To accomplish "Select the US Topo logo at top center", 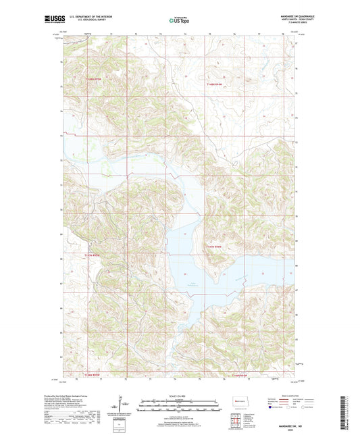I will click(x=179, y=21).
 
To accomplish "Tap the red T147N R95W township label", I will click(x=96, y=255).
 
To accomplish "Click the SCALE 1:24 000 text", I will click(x=179, y=396).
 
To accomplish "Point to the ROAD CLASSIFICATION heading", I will click(x=281, y=396).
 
